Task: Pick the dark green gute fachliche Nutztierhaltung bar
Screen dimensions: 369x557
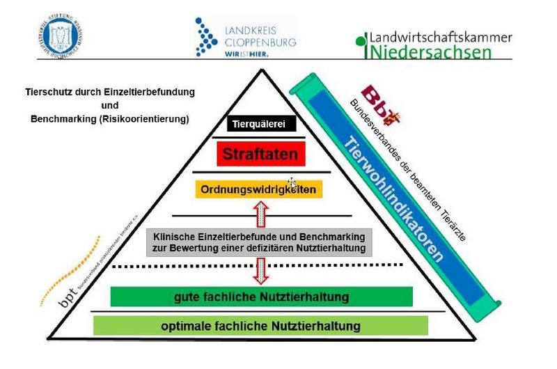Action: (261, 297)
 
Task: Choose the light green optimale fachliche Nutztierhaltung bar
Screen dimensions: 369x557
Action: (261, 325)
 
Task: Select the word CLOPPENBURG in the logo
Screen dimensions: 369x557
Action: (261, 42)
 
